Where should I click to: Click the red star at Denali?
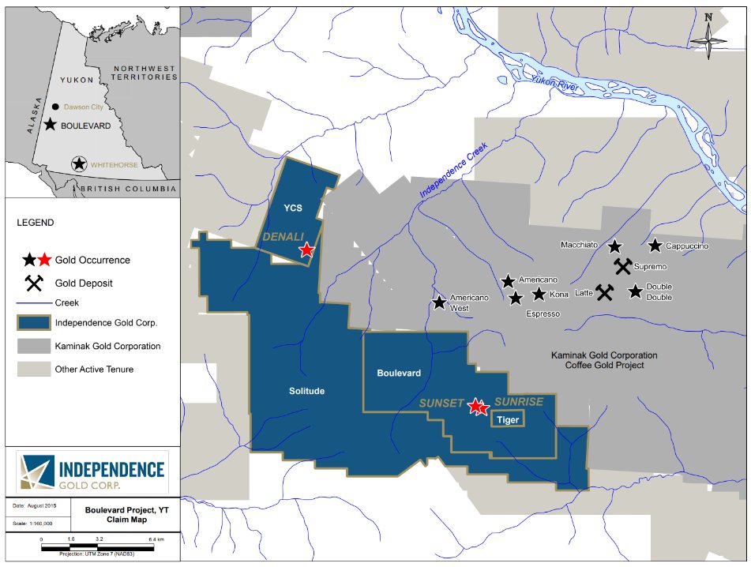click(306, 250)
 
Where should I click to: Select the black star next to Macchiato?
click(615, 246)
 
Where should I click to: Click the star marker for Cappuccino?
click(655, 246)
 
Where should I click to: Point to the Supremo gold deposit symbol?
click(623, 266)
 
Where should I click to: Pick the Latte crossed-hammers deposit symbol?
click(605, 293)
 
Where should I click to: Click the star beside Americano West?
click(440, 302)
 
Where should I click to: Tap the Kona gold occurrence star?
click(539, 295)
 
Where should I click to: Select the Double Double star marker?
click(636, 292)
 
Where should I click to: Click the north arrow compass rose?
click(708, 36)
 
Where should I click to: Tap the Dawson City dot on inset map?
click(54, 107)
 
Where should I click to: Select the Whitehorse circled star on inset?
click(79, 164)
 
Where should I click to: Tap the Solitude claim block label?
click(306, 391)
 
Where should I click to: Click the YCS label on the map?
click(294, 209)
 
